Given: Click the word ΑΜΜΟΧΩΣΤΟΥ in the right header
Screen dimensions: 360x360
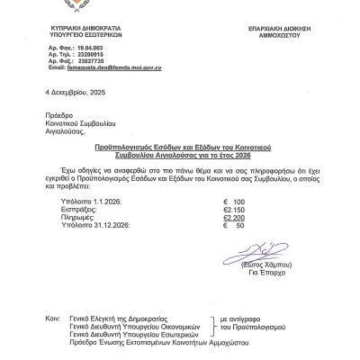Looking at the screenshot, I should (x=274, y=35).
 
